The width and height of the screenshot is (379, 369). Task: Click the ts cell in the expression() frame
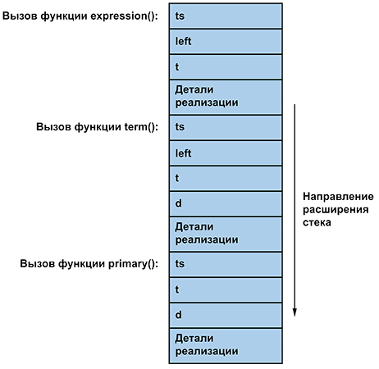click(x=226, y=16)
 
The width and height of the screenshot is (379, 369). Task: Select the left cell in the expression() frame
click(x=226, y=41)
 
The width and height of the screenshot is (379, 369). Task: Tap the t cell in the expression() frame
click(x=226, y=66)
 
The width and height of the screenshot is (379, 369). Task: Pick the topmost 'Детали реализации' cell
click(x=226, y=97)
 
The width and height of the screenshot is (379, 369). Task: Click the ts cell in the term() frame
click(x=226, y=127)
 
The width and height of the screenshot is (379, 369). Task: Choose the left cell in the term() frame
click(x=226, y=153)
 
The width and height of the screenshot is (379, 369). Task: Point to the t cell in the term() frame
click(x=226, y=178)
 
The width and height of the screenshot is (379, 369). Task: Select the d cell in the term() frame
click(x=226, y=203)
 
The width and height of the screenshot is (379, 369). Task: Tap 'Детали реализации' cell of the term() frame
click(x=226, y=234)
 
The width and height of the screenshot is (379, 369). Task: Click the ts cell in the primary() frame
click(x=226, y=264)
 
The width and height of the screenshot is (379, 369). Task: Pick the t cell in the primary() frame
click(x=226, y=289)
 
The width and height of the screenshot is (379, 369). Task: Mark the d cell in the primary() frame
click(x=226, y=315)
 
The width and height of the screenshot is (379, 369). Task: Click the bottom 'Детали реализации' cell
click(x=226, y=346)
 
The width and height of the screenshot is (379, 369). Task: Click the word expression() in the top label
click(x=124, y=16)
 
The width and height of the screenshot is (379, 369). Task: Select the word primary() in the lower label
click(x=133, y=264)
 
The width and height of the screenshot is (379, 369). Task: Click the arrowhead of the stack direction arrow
click(x=295, y=312)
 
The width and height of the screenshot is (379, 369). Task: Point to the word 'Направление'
click(x=338, y=197)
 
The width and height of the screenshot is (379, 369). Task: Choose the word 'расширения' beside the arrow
click(x=336, y=210)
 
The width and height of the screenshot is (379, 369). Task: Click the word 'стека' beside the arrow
click(x=317, y=222)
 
